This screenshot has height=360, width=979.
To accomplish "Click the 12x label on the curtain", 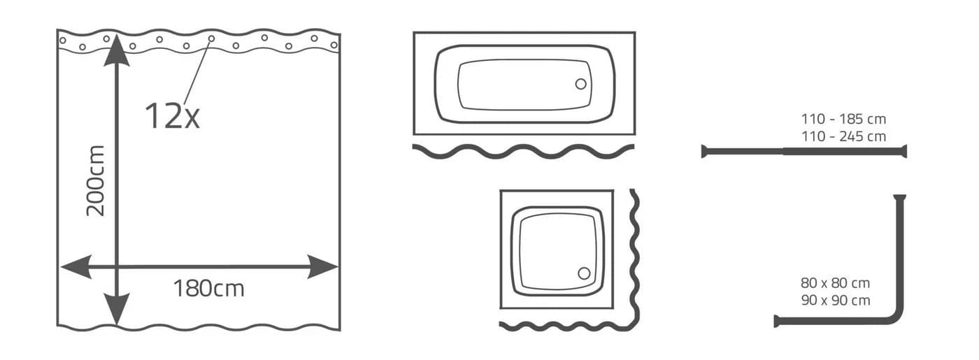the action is click(172, 116).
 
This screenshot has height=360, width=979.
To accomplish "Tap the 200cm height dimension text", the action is click(96, 181).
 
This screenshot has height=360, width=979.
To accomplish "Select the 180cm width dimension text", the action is click(208, 288).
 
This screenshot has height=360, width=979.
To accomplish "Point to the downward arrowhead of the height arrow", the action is click(117, 309).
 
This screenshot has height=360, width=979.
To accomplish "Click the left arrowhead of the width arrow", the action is click(76, 266).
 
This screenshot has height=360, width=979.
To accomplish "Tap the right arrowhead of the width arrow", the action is click(323, 266).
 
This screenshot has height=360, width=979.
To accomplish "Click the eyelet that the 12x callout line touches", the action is click(211, 38).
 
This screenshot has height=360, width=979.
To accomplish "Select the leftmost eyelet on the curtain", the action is click(62, 41).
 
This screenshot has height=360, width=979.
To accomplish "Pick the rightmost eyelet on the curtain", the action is click(334, 45).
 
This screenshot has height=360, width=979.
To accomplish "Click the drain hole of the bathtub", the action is click(581, 84).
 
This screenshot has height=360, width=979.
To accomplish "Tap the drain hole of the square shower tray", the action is click(584, 273).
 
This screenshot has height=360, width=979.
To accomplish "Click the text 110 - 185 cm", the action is click(843, 119).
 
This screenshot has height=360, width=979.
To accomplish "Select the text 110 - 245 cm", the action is click(843, 136).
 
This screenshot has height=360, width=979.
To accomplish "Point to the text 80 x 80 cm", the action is click(835, 283).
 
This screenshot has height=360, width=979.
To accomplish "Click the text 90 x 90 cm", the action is click(835, 300).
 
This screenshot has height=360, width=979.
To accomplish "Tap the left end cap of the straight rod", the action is click(703, 152).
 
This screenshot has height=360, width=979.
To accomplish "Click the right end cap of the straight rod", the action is click(904, 151).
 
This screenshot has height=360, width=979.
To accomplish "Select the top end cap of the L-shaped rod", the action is click(899, 197).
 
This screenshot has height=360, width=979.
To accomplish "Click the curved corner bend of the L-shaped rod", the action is click(896, 317).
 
